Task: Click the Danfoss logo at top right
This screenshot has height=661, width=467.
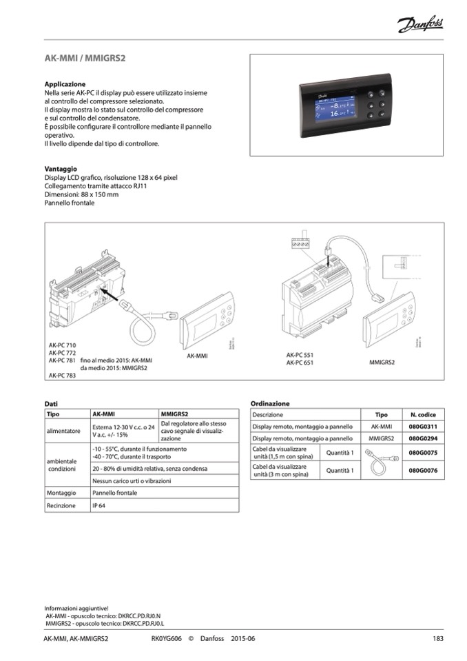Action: tap(420, 26)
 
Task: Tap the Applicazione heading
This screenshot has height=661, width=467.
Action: tap(65, 84)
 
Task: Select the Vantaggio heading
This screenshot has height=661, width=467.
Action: tap(61, 169)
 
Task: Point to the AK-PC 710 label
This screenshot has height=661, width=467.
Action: tap(63, 343)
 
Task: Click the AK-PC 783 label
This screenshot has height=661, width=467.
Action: tap(63, 376)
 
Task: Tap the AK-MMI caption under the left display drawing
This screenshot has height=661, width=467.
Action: tap(198, 356)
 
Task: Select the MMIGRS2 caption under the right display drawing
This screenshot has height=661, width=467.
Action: tap(382, 360)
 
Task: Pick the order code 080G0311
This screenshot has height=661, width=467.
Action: tap(423, 427)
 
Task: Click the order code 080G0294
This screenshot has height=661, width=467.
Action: tap(423, 438)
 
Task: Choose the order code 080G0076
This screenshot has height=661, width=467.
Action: tap(423, 471)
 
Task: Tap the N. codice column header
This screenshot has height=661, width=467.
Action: tap(423, 415)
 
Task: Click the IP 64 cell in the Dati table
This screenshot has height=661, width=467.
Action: tap(98, 505)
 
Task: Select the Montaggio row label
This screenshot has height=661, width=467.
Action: tap(61, 493)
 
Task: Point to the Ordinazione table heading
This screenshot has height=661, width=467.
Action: tap(270, 403)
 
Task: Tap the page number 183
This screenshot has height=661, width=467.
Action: tap(437, 638)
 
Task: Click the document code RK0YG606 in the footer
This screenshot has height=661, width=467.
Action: tap(167, 638)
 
